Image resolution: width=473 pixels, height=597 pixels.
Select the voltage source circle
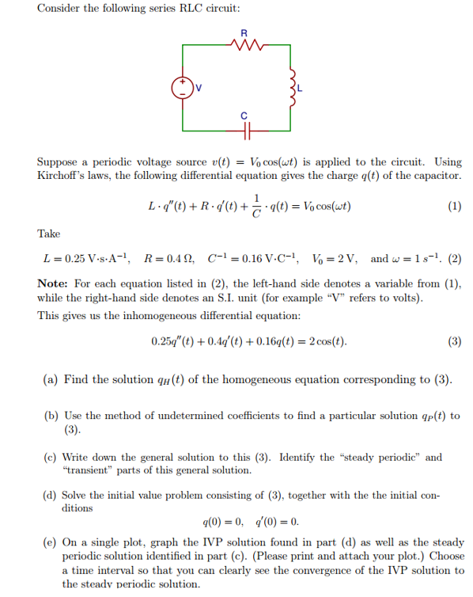(x=183, y=87)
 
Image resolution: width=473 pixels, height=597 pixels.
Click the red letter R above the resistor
(x=244, y=33)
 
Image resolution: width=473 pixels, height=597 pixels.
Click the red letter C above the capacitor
(x=244, y=116)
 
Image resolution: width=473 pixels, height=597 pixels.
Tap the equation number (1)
(x=454, y=207)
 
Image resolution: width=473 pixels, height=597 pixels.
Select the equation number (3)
(x=454, y=342)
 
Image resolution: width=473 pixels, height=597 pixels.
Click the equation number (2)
(x=454, y=259)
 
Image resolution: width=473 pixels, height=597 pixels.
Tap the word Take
(x=49, y=234)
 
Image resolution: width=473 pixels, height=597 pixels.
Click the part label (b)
(x=50, y=416)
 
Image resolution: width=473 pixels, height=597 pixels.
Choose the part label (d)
(x=50, y=495)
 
